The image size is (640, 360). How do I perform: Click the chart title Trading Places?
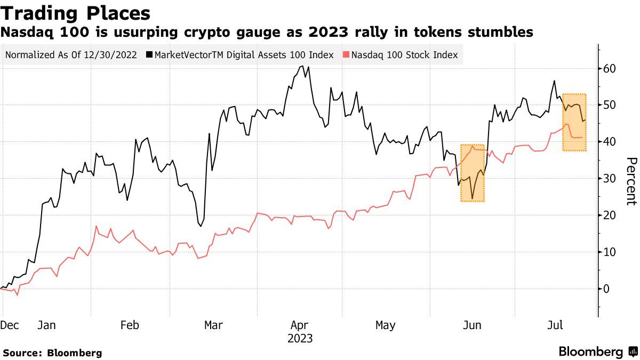pyautogui.click(x=75, y=13)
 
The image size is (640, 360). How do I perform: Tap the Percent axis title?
pyautogui.click(x=631, y=181)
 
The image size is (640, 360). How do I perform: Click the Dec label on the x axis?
pyautogui.click(x=10, y=325)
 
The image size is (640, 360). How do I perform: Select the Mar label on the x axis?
pyautogui.click(x=213, y=325)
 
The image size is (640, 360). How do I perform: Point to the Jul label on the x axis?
pyautogui.click(x=555, y=325)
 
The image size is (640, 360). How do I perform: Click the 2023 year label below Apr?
pyautogui.click(x=300, y=339)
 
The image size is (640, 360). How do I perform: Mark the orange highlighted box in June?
pyautogui.click(x=472, y=173)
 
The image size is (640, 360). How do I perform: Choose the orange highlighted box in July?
pyautogui.click(x=574, y=122)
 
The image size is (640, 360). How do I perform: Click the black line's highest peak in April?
pyautogui.click(x=303, y=66)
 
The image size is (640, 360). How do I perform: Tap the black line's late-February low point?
pyautogui.click(x=201, y=226)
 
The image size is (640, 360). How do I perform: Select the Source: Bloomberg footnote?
pyautogui.click(x=52, y=353)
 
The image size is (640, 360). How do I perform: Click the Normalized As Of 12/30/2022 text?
pyautogui.click(x=71, y=55)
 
